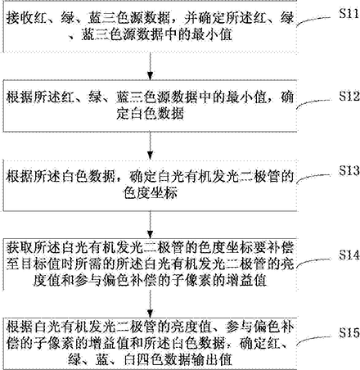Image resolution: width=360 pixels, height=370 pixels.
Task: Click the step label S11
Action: [x=349, y=13]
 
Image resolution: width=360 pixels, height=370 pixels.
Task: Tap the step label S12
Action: [x=349, y=96]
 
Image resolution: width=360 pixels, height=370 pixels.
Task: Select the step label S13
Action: [x=349, y=170]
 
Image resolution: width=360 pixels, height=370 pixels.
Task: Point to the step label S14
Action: [x=349, y=255]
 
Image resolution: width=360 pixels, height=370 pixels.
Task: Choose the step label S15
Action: [x=349, y=333]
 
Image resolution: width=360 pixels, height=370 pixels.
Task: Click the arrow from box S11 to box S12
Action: [x=150, y=65]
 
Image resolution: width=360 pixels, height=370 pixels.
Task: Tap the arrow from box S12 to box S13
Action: [x=150, y=146]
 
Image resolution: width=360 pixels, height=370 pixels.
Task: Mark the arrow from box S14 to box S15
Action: [x=150, y=304]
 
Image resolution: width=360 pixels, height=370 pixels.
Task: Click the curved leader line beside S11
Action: [x=313, y=20]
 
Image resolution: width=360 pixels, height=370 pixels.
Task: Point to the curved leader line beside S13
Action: [x=313, y=178]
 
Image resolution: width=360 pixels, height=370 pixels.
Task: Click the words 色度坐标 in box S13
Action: [x=151, y=192]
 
